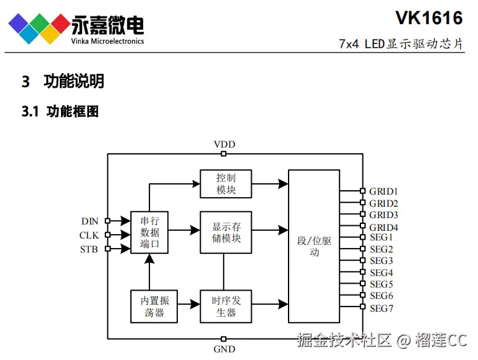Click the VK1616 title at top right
click(x=428, y=17)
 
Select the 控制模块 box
click(x=226, y=184)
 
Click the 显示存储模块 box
click(x=226, y=232)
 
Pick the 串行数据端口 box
click(x=149, y=232)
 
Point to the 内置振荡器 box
click(x=154, y=306)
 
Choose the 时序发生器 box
click(x=226, y=306)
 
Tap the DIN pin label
click(x=90, y=221)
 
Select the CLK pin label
click(x=89, y=235)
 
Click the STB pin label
click(x=89, y=249)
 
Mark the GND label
click(x=224, y=349)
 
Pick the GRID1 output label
click(x=383, y=191)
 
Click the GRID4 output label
click(x=383, y=227)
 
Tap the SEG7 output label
click(x=381, y=308)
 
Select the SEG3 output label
click(x=381, y=261)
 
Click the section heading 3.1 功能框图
click(x=60, y=112)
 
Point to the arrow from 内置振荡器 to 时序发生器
click(x=189, y=306)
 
